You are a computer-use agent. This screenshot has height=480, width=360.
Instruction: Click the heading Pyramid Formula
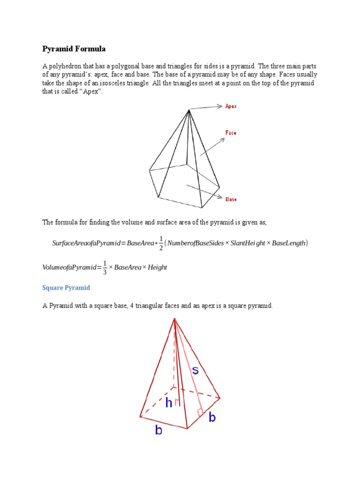pos(74,49)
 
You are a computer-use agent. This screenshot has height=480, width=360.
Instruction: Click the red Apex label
pos(231,106)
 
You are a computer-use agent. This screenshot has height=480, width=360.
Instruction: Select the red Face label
pos(231,133)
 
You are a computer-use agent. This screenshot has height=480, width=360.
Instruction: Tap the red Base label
pos(231,199)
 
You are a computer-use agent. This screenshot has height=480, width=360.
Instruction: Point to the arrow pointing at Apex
pos(206,107)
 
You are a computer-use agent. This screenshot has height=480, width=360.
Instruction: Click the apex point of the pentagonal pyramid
pos(189,110)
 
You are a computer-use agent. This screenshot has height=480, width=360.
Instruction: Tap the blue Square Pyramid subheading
pos(66,287)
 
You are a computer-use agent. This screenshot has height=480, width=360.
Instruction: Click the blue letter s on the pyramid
pos(195,370)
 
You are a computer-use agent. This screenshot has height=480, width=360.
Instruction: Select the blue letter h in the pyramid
pos(169,402)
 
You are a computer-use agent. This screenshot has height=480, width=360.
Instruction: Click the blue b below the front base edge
pos(158,430)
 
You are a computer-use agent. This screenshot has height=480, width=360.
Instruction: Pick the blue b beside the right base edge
pos(212,417)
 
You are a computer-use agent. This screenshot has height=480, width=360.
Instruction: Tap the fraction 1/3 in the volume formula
pos(105,267)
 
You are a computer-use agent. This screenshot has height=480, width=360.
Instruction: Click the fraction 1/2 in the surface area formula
pos(161,243)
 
